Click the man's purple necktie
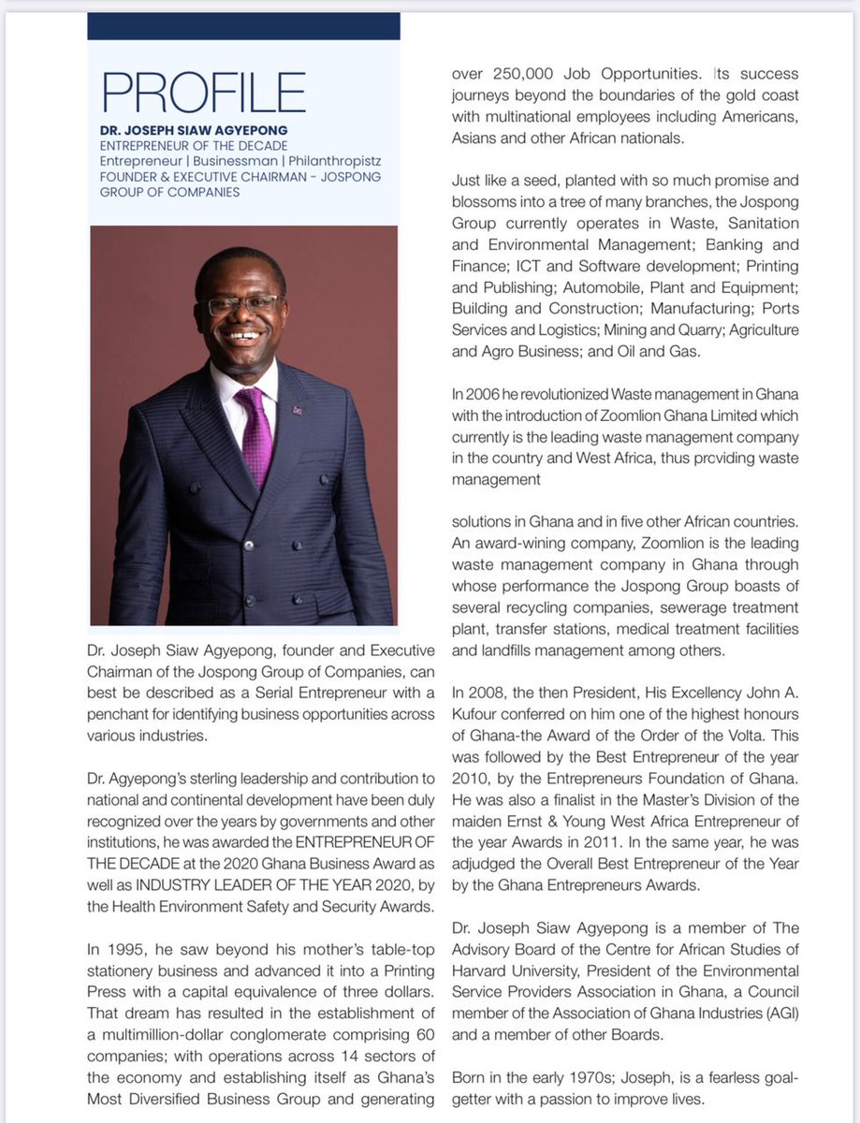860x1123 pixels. [x=255, y=435]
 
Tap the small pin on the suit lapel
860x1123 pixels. [x=297, y=410]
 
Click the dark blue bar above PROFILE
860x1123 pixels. [x=243, y=26]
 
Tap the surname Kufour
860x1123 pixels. [x=482, y=716]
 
